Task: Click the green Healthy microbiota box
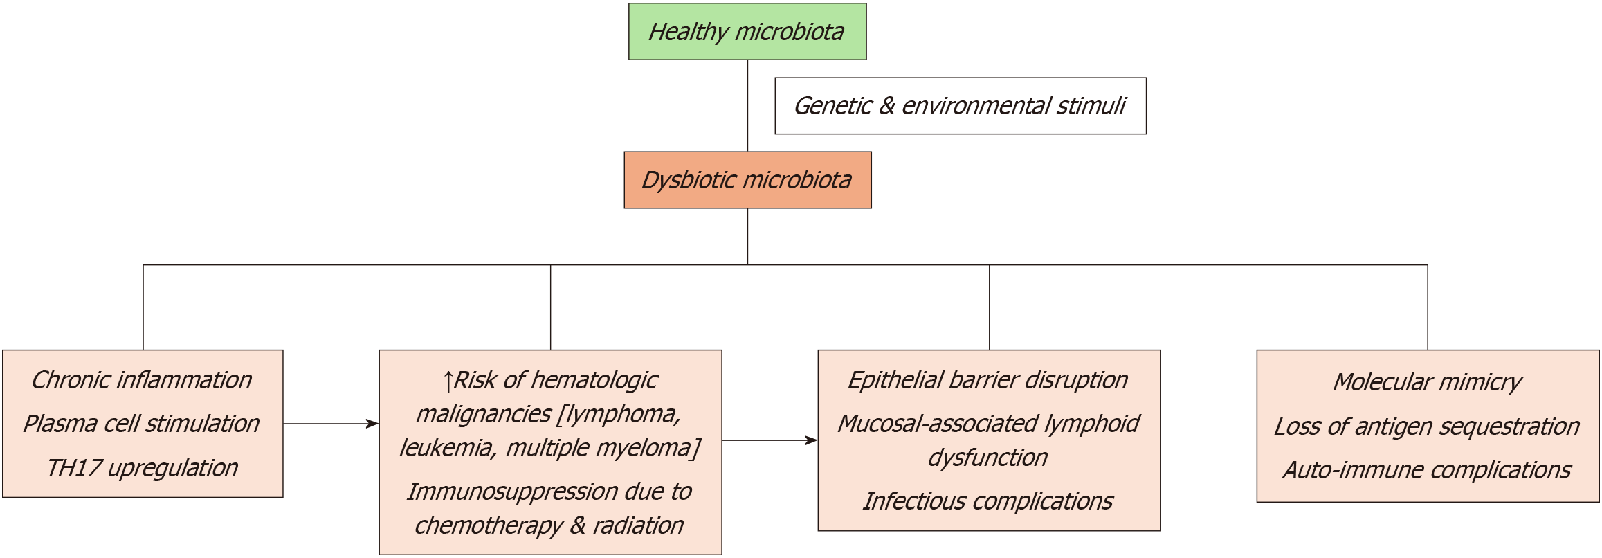[x=747, y=32]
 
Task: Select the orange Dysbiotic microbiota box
[x=747, y=180]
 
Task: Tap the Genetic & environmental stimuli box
[x=960, y=106]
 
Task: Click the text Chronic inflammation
[x=142, y=380]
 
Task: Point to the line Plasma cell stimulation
[x=142, y=424]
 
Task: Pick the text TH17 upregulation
[x=142, y=468]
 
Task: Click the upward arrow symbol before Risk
[x=448, y=381]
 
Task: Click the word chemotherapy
[x=489, y=525]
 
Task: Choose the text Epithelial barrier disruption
[x=988, y=380]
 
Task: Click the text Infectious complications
[x=988, y=501]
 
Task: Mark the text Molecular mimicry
[x=1427, y=382]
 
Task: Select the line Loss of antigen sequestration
[x=1427, y=426]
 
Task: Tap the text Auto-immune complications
[x=1427, y=470]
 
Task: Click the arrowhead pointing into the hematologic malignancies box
[x=373, y=424]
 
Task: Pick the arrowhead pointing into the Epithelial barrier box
[x=812, y=440]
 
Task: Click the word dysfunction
[x=988, y=458]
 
